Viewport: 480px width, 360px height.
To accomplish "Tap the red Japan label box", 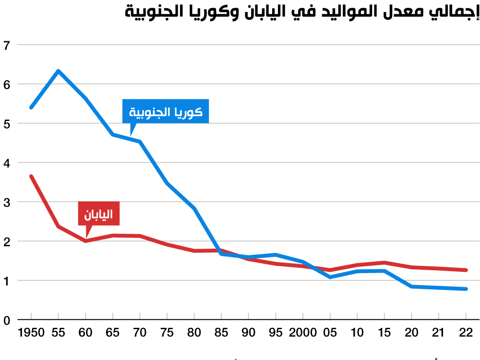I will point(98,214).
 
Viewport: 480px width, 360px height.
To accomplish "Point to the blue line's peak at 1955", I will point(58,71).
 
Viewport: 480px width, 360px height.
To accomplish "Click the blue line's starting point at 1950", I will point(31,108).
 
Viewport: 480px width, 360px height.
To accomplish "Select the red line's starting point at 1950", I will point(31,176).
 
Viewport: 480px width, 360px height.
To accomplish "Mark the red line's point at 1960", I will point(85,240).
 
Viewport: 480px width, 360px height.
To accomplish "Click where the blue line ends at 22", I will point(466,289).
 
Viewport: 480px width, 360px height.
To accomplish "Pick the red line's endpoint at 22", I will point(466,270).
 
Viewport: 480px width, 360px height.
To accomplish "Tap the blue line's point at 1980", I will point(194,208).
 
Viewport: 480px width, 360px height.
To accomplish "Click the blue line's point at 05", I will point(330,277).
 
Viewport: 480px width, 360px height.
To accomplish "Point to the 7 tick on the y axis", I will point(7,46).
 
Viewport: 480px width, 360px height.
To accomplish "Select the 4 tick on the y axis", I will point(7,163).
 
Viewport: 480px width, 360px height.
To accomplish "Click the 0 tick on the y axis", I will point(7,320).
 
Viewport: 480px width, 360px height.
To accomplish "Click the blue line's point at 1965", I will point(112,134).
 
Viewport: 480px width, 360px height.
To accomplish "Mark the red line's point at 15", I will point(384,263).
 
